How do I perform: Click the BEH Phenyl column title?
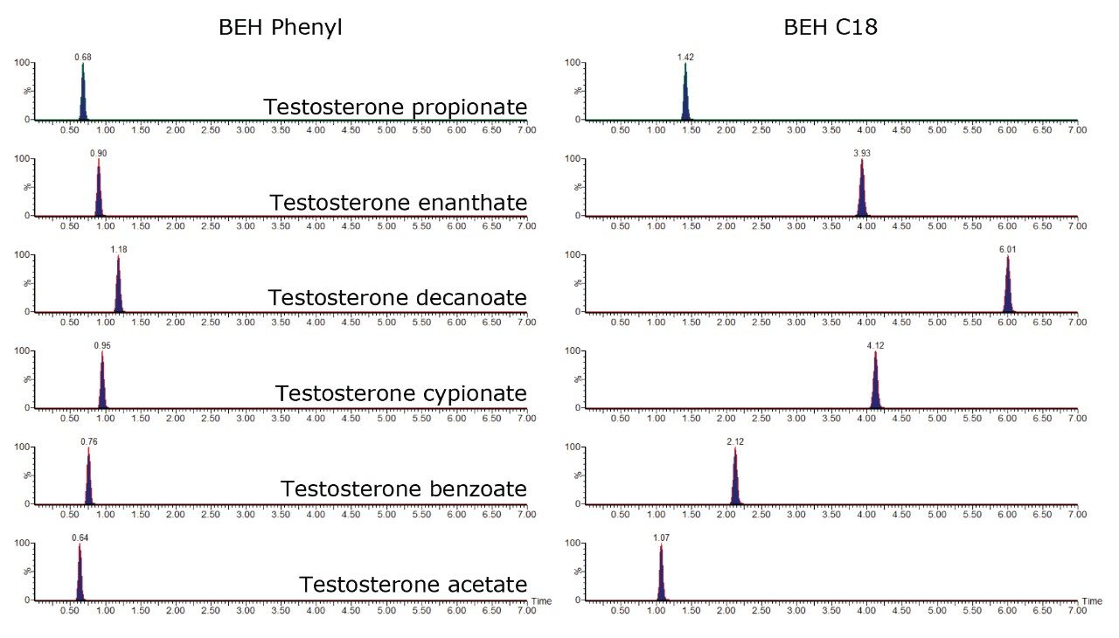pos(280,28)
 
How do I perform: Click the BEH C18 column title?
pos(830,28)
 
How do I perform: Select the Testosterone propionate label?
pos(395,107)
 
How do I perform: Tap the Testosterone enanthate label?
pos(398,204)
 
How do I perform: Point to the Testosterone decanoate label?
pos(397,298)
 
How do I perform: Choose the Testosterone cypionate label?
pos(400,394)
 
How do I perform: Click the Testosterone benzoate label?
pos(403,489)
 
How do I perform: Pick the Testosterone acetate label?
pos(413,585)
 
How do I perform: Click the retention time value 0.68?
pos(83,57)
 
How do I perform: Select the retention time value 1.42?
pos(685,57)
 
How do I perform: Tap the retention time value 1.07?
pos(661,537)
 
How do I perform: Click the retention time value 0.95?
pos(102,345)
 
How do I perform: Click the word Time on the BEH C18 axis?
pos(1092,601)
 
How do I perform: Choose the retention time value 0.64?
pos(80,537)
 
